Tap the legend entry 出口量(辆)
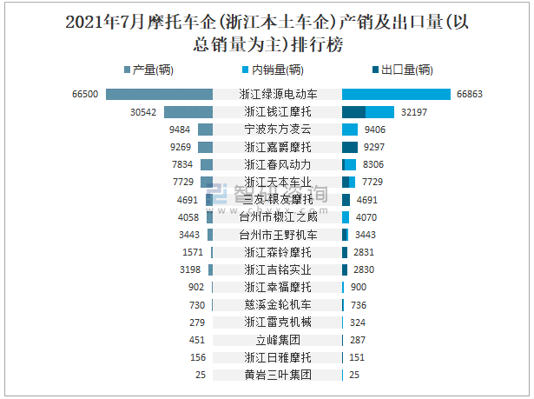point(400,70)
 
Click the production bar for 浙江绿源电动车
point(159,94)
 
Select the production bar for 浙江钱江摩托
point(188,112)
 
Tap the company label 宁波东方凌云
point(277,130)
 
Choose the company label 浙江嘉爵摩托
point(277,147)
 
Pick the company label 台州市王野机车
point(277,235)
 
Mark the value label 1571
point(193,252)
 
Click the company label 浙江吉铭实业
point(277,269)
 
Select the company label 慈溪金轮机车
point(277,305)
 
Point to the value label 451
point(196,340)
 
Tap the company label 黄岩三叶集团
point(277,375)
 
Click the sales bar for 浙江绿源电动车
point(396,94)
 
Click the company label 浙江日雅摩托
point(277,357)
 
